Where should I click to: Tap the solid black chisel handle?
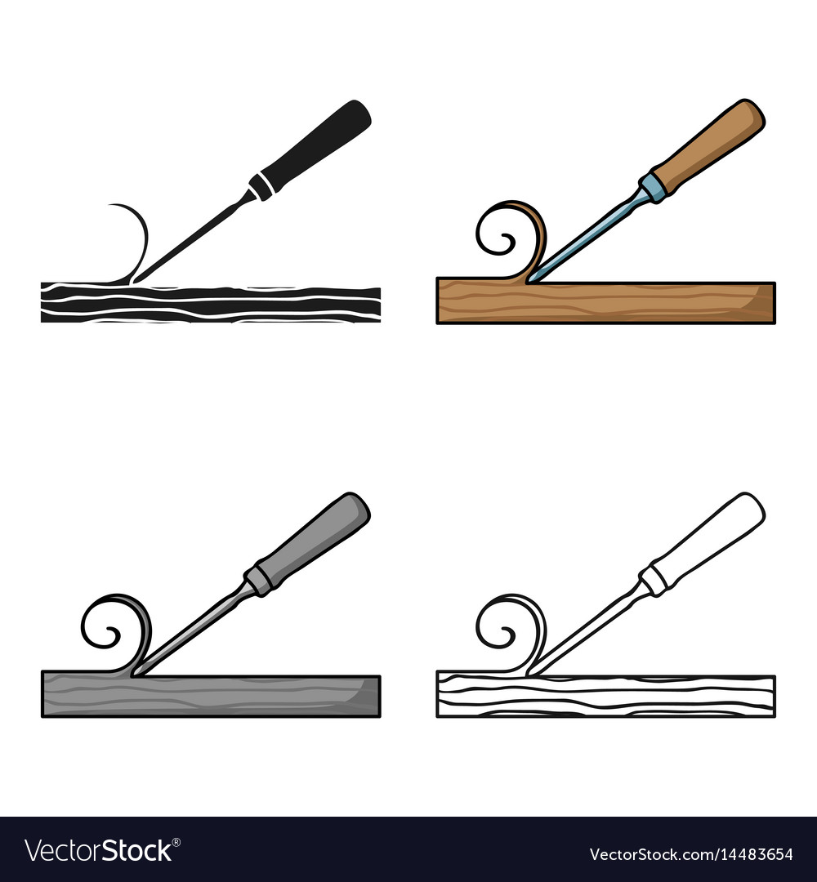(315, 148)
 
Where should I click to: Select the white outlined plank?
(605, 695)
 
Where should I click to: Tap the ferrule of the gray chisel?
(259, 581)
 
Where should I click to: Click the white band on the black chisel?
(261, 186)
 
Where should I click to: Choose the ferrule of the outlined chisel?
(654, 581)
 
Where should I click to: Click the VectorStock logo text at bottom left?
(98, 851)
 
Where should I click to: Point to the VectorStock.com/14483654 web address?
(702, 854)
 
